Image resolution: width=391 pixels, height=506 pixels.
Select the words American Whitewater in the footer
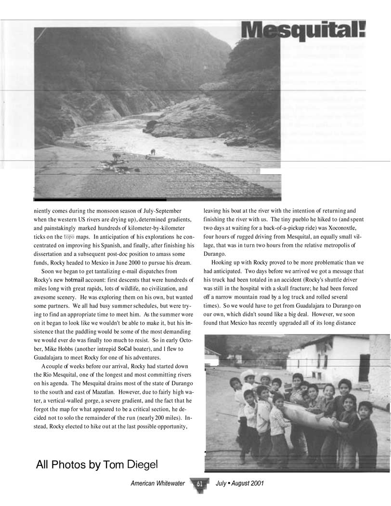pyautogui.click(x=158, y=483)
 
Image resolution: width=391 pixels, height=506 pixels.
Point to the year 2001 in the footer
pyautogui.click(x=255, y=483)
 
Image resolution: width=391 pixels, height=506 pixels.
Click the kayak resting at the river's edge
pyautogui.click(x=155, y=157)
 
